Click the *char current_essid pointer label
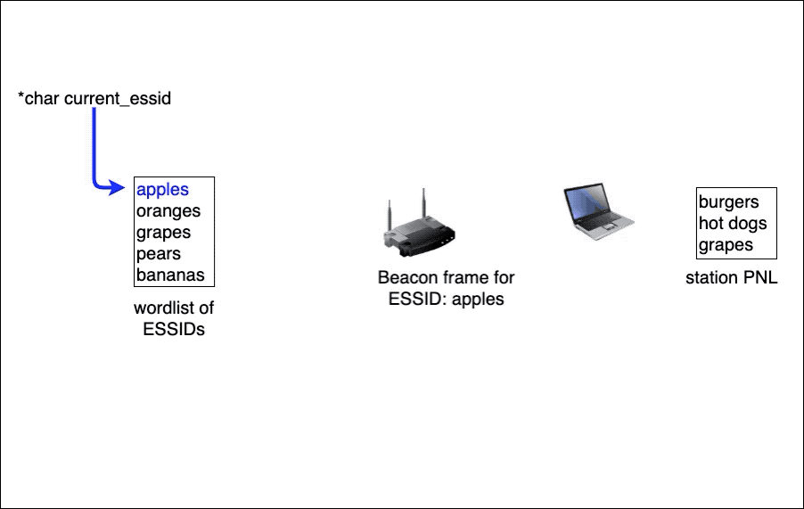(94, 98)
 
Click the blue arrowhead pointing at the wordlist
(117, 187)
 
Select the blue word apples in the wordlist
(162, 190)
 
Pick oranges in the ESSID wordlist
(168, 211)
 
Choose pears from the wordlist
(159, 255)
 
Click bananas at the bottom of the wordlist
(170, 275)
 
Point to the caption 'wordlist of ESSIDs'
(174, 318)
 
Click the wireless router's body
(420, 238)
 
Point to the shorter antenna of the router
(390, 215)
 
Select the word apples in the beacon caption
(479, 300)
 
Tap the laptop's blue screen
(587, 202)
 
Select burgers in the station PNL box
(728, 202)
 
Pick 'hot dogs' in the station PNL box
(733, 224)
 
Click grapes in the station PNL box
(726, 245)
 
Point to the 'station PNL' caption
(732, 278)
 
